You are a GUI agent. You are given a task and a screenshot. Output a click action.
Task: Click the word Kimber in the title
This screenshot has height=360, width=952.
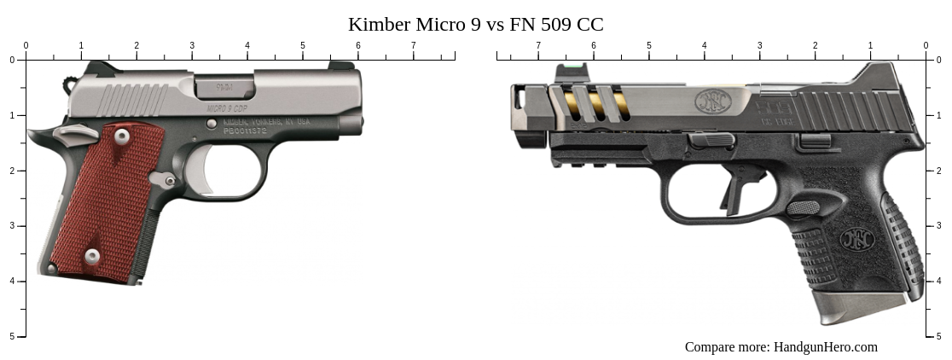click(379, 25)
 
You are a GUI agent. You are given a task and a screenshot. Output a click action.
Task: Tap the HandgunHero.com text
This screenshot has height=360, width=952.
click(825, 346)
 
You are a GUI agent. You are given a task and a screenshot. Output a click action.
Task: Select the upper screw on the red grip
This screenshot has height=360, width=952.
click(122, 136)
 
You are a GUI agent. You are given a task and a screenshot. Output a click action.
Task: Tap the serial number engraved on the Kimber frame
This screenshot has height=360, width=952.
click(245, 131)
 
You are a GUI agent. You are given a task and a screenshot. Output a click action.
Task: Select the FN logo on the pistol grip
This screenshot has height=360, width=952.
click(856, 239)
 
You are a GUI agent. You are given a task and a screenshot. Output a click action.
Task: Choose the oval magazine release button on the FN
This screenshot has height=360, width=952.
click(803, 206)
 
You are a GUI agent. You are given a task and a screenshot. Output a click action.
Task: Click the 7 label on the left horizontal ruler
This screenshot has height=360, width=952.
click(414, 45)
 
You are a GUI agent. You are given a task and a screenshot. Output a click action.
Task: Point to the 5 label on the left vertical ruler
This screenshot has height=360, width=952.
click(12, 336)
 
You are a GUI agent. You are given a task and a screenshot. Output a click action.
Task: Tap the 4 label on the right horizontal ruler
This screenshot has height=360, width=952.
click(704, 45)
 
